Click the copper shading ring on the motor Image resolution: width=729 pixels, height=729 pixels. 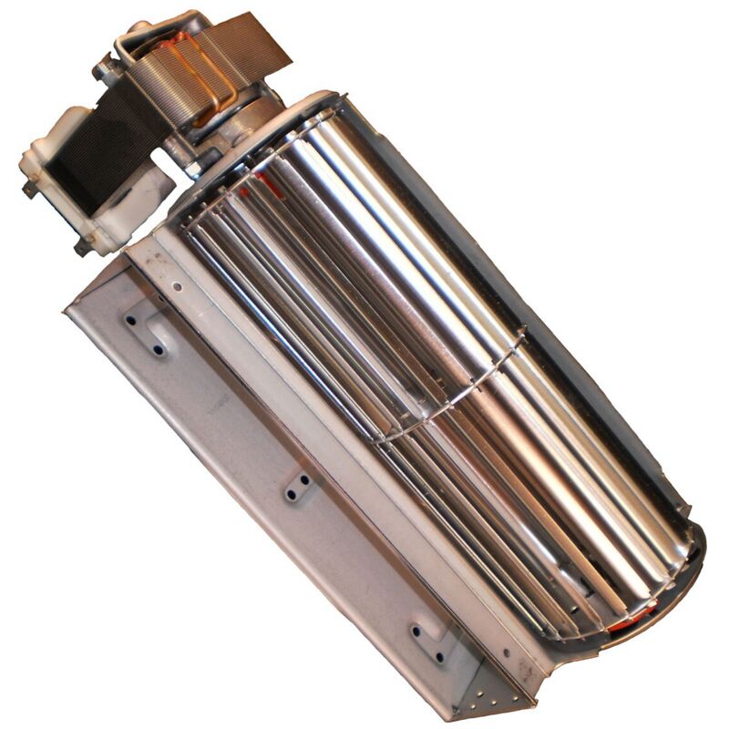[x=205, y=68]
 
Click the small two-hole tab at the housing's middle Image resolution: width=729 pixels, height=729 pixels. [x=297, y=487]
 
